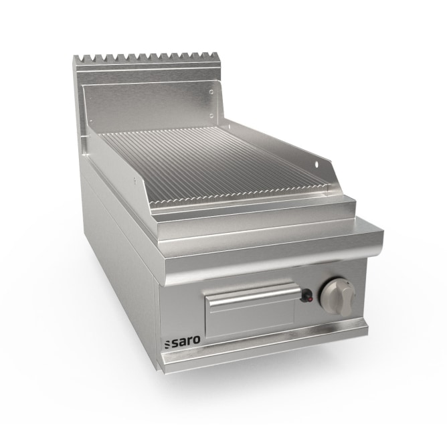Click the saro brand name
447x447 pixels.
click(x=185, y=341)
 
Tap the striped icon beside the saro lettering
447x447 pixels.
click(x=167, y=344)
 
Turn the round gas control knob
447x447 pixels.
click(x=339, y=296)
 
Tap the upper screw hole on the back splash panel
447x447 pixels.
click(x=211, y=92)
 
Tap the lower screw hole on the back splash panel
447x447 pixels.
click(x=211, y=116)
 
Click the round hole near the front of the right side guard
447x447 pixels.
click(x=317, y=163)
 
